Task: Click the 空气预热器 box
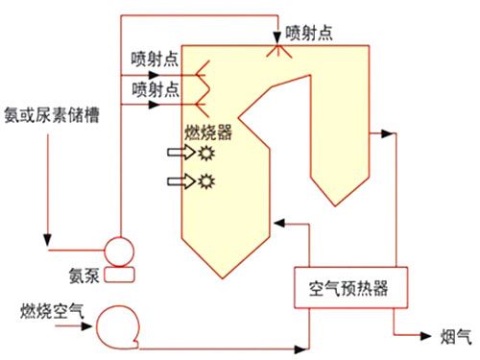tap(345, 286)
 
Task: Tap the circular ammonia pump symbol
tap(121, 253)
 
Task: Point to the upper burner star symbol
tap(205, 153)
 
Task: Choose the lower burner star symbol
tap(205, 180)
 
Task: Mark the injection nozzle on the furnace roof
tap(281, 47)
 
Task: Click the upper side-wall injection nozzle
tap(203, 71)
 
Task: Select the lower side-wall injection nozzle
tap(203, 93)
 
